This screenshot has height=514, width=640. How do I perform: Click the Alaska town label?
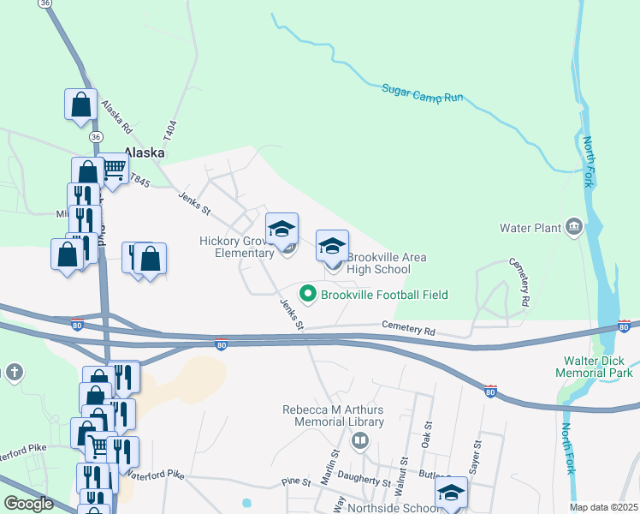tap(144, 152)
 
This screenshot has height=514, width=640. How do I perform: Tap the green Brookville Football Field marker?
tap(308, 295)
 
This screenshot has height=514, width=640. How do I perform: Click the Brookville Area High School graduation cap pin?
tap(332, 246)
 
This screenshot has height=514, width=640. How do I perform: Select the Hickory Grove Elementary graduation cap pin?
tap(281, 229)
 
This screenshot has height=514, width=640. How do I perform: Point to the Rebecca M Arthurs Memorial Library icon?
tap(360, 441)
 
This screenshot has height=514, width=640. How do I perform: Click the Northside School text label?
tap(400, 507)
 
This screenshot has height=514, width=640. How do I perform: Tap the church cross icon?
tap(14, 372)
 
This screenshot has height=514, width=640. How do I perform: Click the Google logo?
tap(28, 504)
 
